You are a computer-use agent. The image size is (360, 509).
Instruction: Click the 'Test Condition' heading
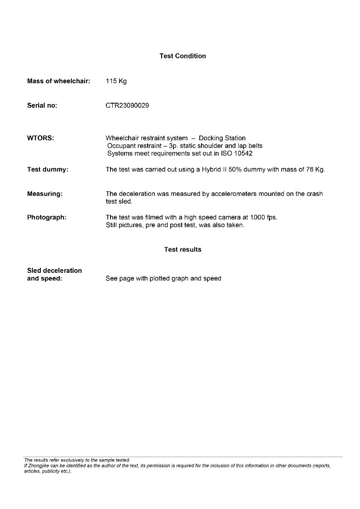(182, 56)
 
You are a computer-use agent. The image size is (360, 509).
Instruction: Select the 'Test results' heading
(182, 249)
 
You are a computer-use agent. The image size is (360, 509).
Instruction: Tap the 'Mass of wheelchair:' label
(58, 81)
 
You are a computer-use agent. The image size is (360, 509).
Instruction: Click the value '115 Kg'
(116, 81)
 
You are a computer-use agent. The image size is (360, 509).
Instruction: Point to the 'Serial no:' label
(42, 105)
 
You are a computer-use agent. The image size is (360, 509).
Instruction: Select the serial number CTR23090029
(127, 105)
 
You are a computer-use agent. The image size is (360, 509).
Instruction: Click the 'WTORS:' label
(40, 138)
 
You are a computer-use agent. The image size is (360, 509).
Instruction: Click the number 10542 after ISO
(243, 153)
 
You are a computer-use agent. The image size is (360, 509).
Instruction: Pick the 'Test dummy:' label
(48, 170)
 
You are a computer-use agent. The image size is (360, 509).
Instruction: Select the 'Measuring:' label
(45, 194)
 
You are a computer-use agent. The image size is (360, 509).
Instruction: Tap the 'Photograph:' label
(47, 217)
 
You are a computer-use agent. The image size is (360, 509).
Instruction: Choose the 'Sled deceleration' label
(54, 271)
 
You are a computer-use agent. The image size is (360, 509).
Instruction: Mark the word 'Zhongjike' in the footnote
(38, 466)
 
